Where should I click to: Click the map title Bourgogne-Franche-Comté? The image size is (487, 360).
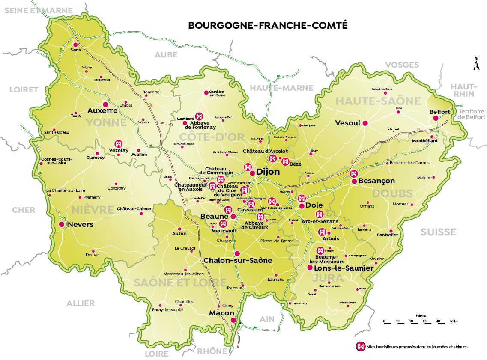268,25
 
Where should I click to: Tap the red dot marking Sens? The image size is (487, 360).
75,45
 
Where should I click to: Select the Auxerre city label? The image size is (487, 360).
102,110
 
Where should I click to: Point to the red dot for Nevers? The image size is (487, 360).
62,224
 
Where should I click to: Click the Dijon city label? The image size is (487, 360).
268,172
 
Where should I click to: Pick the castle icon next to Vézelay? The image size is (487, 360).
118,144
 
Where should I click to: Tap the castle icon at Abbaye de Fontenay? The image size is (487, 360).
199,116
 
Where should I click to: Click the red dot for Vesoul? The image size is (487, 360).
365,123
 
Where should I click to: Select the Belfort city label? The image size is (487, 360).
440,112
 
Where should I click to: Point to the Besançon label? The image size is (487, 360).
376,181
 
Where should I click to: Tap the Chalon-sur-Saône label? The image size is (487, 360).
238,260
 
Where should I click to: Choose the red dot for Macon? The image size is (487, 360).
233,320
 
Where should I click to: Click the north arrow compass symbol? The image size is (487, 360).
475,64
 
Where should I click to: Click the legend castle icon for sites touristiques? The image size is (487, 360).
360,346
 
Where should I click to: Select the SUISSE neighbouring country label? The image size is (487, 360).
438,232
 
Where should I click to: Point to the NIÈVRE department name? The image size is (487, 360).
89,210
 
